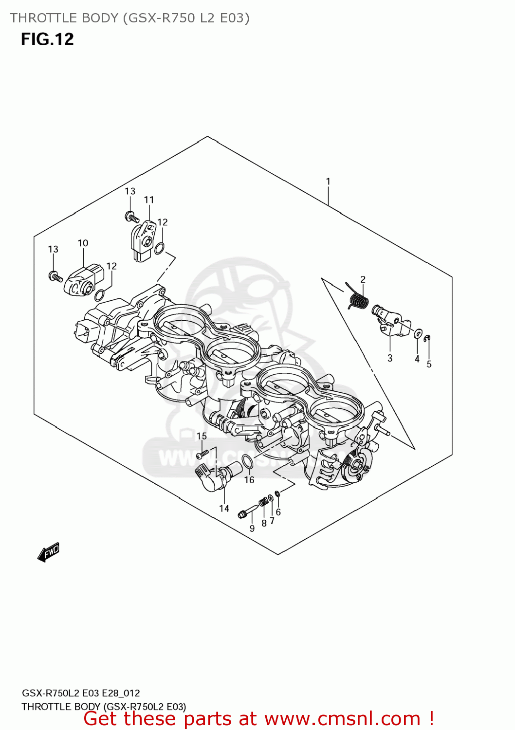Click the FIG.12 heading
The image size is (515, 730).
click(x=47, y=39)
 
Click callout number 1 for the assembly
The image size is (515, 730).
click(x=328, y=182)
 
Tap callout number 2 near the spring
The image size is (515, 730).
click(x=363, y=279)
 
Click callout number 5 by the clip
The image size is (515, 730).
click(x=429, y=364)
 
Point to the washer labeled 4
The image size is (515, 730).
click(x=417, y=334)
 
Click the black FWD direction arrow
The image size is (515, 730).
click(x=49, y=552)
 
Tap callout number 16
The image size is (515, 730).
click(x=249, y=480)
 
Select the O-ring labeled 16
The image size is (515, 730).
click(x=247, y=462)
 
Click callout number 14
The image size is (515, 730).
click(x=224, y=509)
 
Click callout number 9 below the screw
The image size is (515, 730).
click(x=252, y=529)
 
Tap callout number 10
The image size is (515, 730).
click(x=83, y=243)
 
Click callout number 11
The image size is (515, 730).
click(x=149, y=200)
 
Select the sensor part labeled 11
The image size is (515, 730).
click(x=142, y=240)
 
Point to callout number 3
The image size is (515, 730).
click(x=390, y=358)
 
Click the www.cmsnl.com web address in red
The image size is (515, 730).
click(x=342, y=719)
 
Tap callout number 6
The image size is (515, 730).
click(x=278, y=512)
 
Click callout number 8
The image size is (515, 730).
click(x=264, y=524)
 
